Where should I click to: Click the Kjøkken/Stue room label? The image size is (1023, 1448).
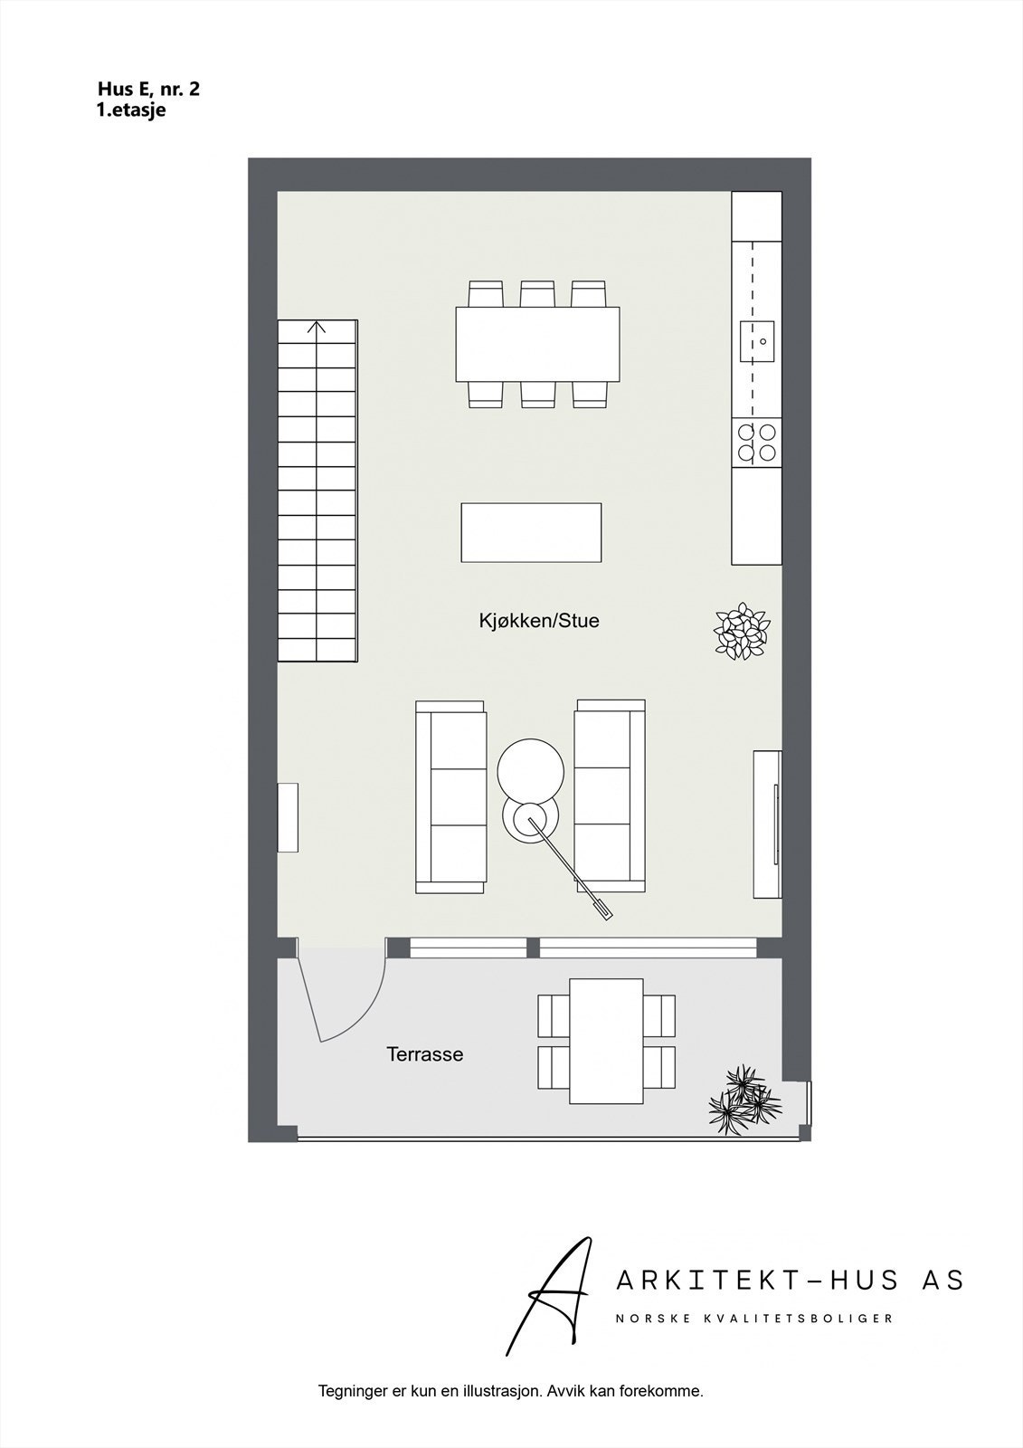539,622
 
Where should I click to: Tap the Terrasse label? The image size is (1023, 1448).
424,1054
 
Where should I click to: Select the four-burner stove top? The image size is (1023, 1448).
756,443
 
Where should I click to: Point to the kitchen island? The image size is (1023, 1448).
531,532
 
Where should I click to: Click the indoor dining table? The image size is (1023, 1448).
538,345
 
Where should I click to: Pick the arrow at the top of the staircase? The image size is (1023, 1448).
317,328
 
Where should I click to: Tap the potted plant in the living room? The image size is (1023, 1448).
743,630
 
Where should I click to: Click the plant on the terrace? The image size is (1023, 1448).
744,1095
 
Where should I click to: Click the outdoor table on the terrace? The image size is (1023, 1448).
606,1040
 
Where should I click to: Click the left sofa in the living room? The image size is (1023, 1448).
450,795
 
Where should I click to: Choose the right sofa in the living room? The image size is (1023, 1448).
610,795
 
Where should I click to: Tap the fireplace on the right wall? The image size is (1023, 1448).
767,824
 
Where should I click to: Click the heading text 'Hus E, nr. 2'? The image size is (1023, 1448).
148,89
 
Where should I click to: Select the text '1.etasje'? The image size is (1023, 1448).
131,110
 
